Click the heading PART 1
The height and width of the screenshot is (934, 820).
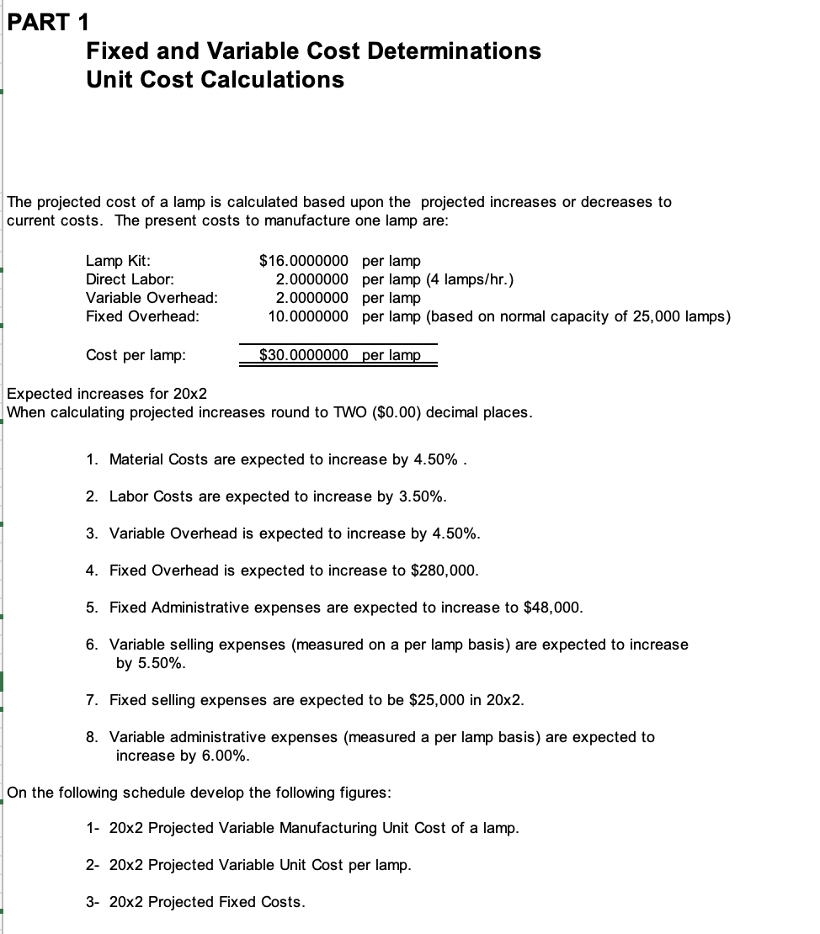[x=48, y=21]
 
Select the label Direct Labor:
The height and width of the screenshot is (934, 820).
[x=130, y=279]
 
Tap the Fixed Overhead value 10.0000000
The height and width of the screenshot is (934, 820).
[x=308, y=316]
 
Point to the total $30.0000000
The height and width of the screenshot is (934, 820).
[x=303, y=355]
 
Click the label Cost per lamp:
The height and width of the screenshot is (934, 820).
[x=136, y=355]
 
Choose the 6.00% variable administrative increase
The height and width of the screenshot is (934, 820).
[x=225, y=756]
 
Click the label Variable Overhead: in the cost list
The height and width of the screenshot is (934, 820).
[x=152, y=298]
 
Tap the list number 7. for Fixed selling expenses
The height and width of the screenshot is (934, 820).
[x=92, y=700]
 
